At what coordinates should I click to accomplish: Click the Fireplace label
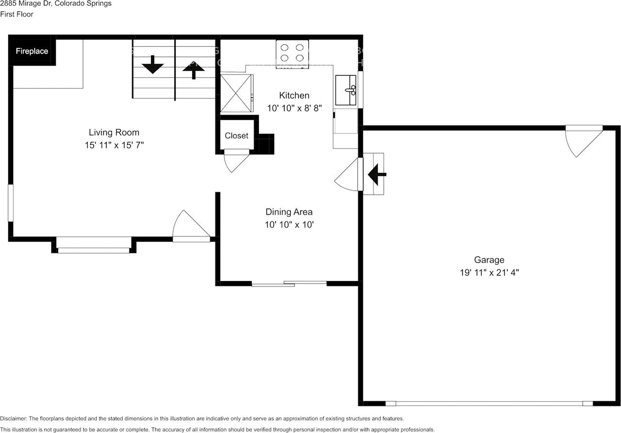(x=32, y=51)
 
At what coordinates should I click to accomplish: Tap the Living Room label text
(x=114, y=132)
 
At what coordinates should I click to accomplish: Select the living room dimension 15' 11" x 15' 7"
(x=114, y=145)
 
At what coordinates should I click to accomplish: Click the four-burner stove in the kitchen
(x=293, y=53)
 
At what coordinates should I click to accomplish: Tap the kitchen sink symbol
(x=346, y=90)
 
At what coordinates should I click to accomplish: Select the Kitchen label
(x=294, y=95)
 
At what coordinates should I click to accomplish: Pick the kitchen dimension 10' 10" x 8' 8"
(x=294, y=108)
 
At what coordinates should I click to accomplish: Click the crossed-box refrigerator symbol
(x=236, y=93)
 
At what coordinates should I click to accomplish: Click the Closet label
(x=236, y=136)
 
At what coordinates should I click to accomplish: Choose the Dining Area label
(x=289, y=212)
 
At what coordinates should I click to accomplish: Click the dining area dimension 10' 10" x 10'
(x=289, y=225)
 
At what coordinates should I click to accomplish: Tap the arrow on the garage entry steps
(x=376, y=174)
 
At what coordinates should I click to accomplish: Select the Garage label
(x=489, y=260)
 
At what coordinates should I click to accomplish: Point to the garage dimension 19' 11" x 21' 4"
(x=489, y=273)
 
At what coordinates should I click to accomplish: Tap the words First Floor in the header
(x=16, y=14)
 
